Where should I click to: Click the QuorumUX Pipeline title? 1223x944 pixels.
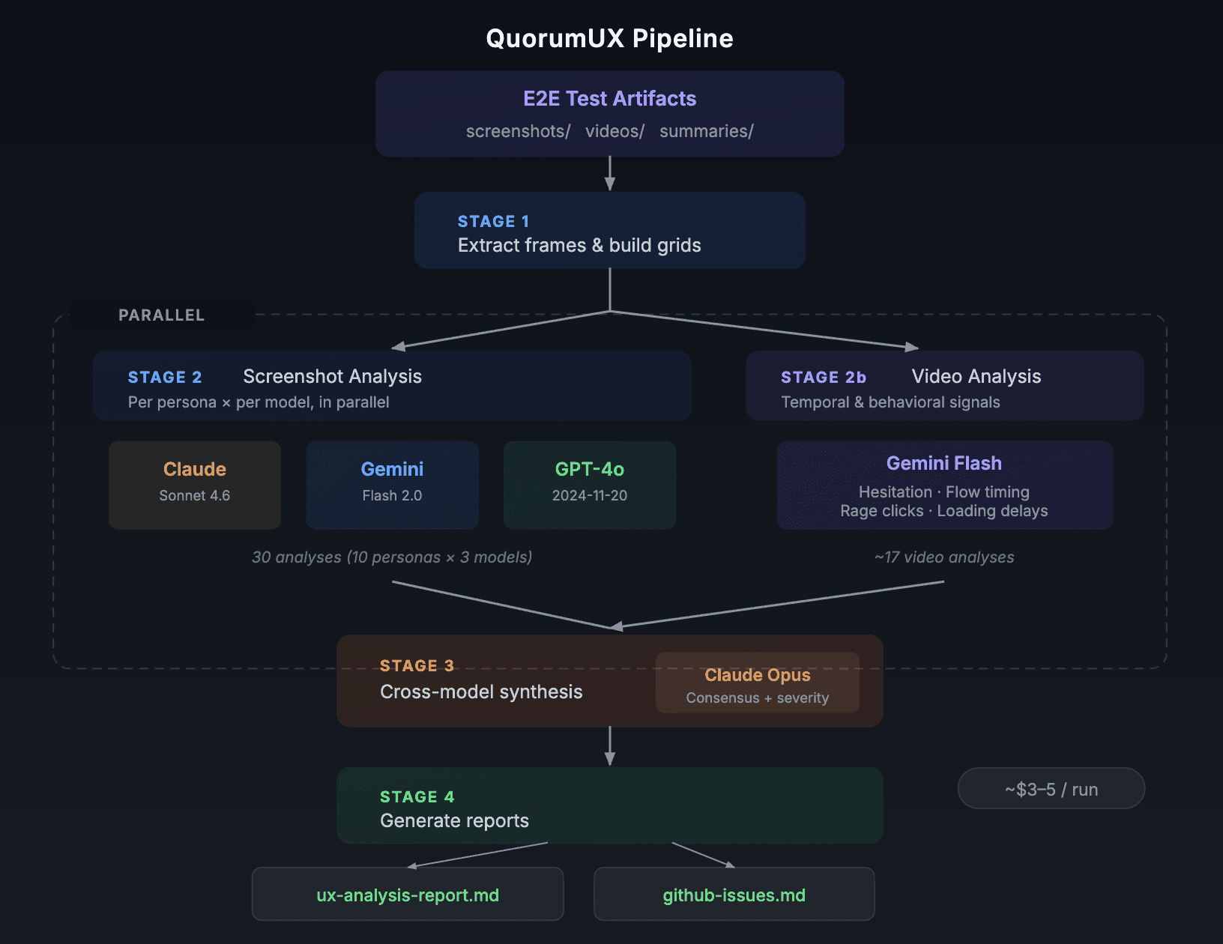click(x=609, y=38)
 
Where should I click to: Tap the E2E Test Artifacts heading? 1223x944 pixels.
click(x=609, y=98)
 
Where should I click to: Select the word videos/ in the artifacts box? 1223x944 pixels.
click(x=614, y=131)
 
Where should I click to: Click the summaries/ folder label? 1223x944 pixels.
click(x=706, y=131)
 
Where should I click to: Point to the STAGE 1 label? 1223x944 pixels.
click(x=493, y=221)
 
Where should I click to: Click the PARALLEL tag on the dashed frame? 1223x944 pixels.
click(x=161, y=315)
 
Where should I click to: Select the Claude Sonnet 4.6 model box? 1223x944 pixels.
click(x=195, y=484)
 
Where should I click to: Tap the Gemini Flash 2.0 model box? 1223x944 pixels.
click(x=392, y=484)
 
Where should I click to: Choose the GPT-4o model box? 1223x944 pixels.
click(x=590, y=484)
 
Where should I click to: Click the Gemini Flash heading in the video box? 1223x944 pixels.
click(x=943, y=463)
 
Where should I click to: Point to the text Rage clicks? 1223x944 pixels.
click(x=881, y=511)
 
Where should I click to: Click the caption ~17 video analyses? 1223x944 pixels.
click(x=943, y=557)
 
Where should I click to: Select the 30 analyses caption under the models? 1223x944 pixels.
click(x=392, y=557)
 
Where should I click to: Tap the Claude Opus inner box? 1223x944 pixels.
click(x=757, y=683)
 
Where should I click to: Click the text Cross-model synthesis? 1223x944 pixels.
click(x=481, y=692)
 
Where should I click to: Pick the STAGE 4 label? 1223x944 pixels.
click(x=417, y=797)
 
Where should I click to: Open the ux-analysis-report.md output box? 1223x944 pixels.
click(x=408, y=895)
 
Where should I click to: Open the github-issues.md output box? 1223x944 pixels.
click(x=734, y=895)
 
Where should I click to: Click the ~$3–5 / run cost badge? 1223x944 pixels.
click(x=1051, y=789)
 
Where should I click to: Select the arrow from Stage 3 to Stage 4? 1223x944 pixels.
click(x=610, y=746)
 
